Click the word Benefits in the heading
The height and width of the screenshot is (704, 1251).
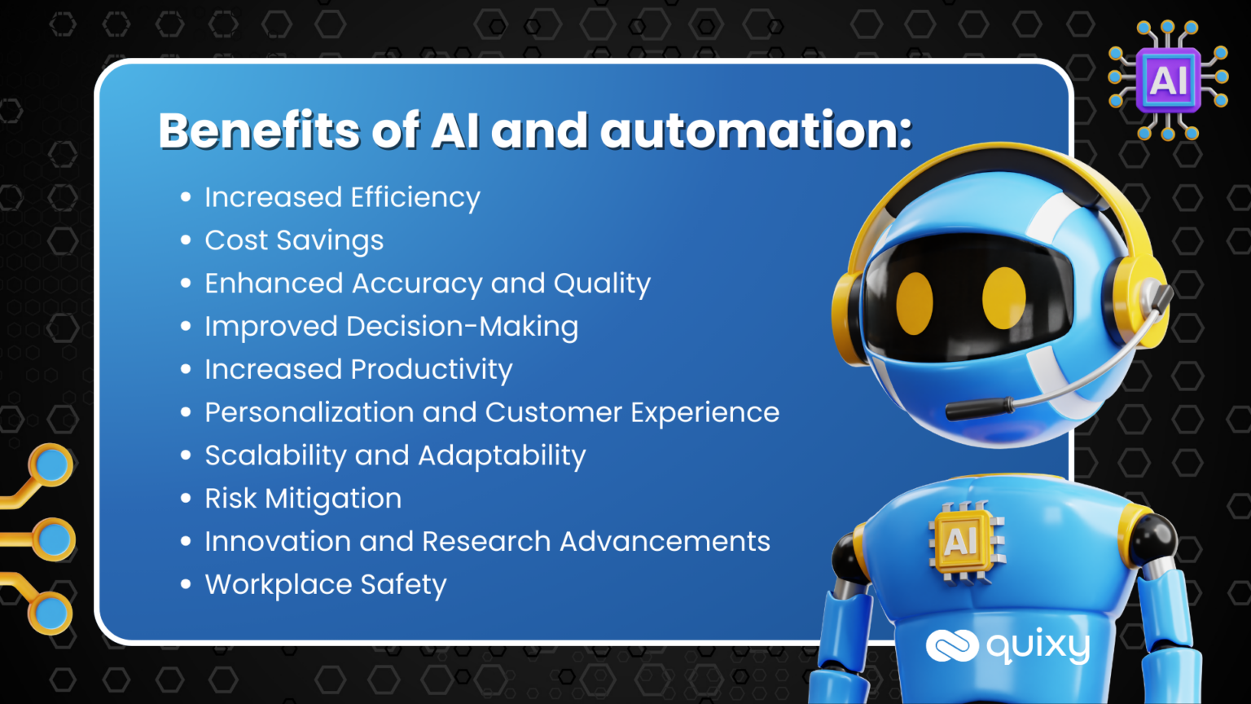tap(259, 130)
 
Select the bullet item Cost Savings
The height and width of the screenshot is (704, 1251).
tap(294, 241)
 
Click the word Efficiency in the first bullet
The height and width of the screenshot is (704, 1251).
tap(415, 198)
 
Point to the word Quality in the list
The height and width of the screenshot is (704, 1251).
tap(602, 284)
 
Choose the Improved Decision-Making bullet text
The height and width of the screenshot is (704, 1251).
tap(392, 327)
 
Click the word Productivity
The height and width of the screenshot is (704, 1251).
tap(432, 370)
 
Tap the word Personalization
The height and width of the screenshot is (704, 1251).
tap(309, 412)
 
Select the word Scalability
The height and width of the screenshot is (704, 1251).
tap(276, 455)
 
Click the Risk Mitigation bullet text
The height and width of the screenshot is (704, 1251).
tap(303, 498)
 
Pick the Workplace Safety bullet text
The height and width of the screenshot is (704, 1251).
tap(326, 585)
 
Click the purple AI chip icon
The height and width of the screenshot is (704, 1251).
tap(1168, 80)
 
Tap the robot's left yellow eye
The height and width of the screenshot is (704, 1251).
tap(915, 303)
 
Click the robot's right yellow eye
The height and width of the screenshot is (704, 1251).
tap(1003, 297)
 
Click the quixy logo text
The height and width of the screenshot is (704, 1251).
tap(1038, 646)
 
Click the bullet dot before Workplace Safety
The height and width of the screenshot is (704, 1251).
tap(186, 584)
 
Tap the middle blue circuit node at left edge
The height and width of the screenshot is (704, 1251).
tap(55, 539)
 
